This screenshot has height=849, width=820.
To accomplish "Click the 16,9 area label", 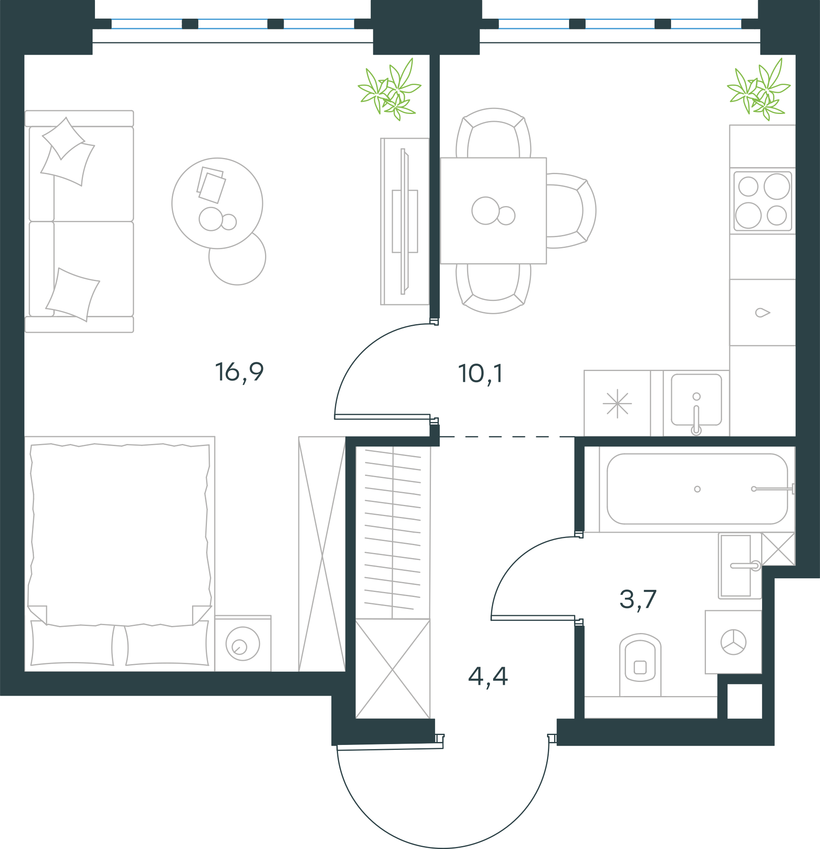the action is point(239,373).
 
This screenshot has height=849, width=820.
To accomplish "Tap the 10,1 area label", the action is point(480,374).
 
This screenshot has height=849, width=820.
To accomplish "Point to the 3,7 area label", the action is point(638,600).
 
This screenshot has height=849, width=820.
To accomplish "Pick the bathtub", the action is point(697,489).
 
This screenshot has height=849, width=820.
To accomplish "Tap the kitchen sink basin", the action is point(696,400).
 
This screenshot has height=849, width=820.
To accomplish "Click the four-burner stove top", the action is point(762,201).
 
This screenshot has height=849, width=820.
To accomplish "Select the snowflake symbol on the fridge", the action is point(617,403).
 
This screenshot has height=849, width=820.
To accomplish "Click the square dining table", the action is point(493,211).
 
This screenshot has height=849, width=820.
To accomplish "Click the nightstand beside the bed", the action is point(243,644).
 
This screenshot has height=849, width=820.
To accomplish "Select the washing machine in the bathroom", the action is point(733,642).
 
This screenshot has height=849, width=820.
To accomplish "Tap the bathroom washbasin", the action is point(740,566).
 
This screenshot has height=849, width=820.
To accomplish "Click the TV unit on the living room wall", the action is point(405,221).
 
